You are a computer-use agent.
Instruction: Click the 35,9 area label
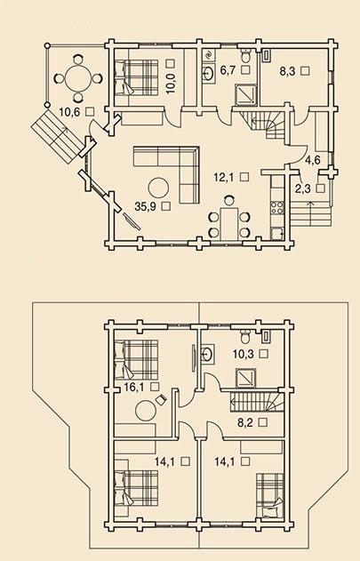[x=146, y=206]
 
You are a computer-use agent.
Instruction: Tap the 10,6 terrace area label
[x=70, y=112]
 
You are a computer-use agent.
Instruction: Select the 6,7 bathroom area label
[x=228, y=70]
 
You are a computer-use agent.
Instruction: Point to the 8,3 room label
[x=287, y=71]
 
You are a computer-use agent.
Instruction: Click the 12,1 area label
[x=224, y=177]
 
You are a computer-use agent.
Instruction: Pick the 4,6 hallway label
[x=312, y=160]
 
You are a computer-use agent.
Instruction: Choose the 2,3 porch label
[x=303, y=188]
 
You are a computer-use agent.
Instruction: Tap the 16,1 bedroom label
[x=134, y=387]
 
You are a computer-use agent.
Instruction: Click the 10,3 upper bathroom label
[x=244, y=354]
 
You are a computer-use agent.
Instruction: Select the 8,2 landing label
[x=245, y=423]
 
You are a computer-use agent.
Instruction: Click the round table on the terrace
[x=77, y=77]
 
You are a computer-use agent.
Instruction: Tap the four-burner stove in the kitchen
[x=277, y=207]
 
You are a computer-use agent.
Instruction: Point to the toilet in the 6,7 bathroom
[x=245, y=56]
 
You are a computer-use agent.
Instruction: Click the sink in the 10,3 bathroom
[x=208, y=354]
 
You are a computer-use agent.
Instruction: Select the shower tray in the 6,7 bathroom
[x=246, y=95]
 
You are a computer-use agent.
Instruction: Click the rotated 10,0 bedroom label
[x=171, y=83]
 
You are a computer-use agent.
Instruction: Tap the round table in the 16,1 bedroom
[x=146, y=411]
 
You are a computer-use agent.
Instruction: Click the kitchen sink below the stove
[x=277, y=234]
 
